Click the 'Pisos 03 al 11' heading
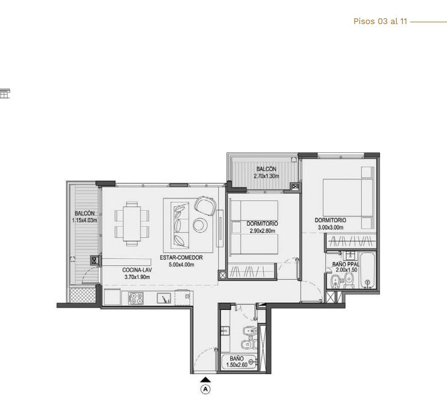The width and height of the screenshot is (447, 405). click(380, 21)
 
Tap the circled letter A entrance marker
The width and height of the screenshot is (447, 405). click(205, 389)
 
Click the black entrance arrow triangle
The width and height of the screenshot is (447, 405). click(205, 379)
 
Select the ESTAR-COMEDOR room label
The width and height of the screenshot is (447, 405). click(181, 257)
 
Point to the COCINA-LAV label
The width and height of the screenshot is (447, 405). click(137, 270)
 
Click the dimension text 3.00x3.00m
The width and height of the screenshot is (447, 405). click(331, 227)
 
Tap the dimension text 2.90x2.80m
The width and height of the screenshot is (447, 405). click(262, 231)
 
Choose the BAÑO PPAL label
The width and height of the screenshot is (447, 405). click(346, 265)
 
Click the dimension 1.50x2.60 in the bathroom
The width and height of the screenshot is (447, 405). click(237, 365)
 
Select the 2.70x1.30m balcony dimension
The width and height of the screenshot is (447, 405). click(266, 176)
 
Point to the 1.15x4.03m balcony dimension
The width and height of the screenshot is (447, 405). click(85, 221)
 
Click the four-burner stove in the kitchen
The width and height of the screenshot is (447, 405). click(136, 298)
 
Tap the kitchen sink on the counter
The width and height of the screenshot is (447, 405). click(164, 298)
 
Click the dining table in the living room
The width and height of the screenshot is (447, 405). click(132, 224)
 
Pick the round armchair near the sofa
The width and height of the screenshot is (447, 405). click(205, 206)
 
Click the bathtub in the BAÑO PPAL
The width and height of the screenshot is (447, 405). click(368, 270)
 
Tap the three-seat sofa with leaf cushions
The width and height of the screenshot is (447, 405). click(180, 226)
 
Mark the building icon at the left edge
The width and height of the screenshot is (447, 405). click(5, 93)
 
